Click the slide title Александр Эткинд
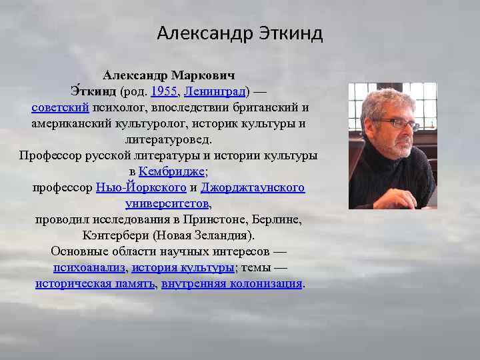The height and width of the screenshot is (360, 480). click(240, 33)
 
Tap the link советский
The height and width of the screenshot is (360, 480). click(60, 107)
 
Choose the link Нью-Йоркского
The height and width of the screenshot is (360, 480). click(141, 188)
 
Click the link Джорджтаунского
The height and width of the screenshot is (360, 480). click(253, 188)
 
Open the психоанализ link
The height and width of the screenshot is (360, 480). click(89, 268)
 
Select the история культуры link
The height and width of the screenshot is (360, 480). click(183, 268)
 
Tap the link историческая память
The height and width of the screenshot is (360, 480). click(95, 284)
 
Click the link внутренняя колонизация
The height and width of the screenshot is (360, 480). click(231, 284)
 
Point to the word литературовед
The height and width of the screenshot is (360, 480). click(169, 139)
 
